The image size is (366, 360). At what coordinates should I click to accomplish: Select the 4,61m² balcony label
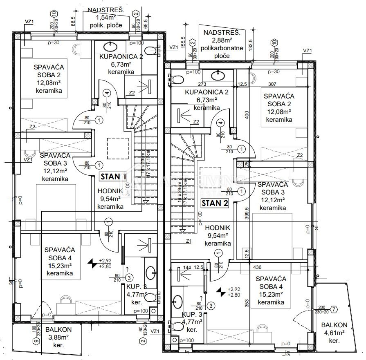click(334, 333)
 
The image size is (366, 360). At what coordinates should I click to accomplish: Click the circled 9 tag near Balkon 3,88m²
click(36, 341)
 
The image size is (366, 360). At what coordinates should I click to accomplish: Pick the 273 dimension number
click(214, 85)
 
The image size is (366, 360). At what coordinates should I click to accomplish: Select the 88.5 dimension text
click(73, 20)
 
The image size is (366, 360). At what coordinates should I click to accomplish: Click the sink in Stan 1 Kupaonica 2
click(111, 47)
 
